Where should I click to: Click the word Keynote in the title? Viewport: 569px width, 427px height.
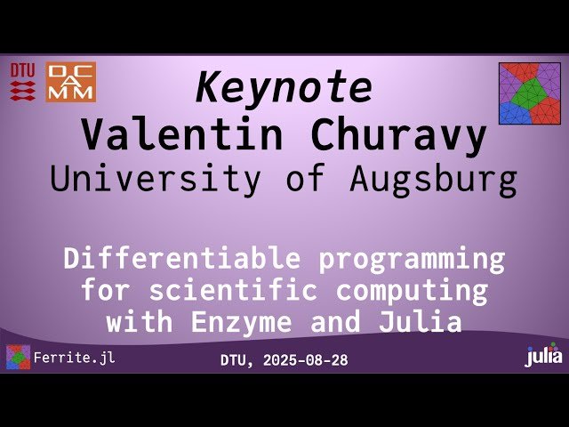284,87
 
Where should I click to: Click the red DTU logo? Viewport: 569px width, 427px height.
23,81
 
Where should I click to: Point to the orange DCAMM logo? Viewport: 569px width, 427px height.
70,82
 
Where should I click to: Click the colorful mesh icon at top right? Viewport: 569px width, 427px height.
529,93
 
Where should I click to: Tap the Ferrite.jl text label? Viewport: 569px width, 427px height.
74,359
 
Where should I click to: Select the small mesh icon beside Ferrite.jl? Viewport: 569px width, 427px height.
18,358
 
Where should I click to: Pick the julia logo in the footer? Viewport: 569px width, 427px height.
543,356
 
